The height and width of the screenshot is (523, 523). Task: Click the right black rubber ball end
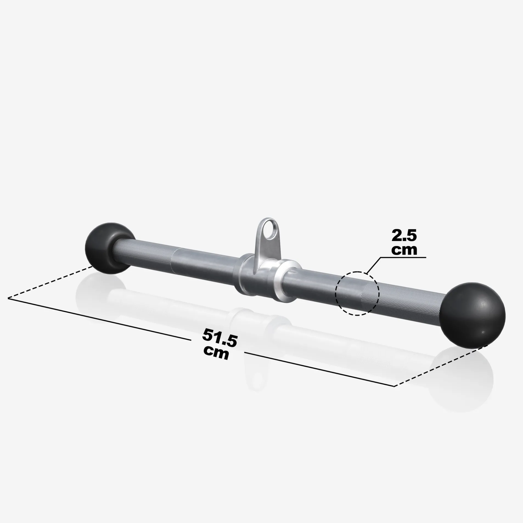tap(472, 315)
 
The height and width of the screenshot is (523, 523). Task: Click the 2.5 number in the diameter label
tap(404, 235)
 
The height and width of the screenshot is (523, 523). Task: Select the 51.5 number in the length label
tap(220, 338)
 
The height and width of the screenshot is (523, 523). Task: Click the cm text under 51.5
tap(216, 353)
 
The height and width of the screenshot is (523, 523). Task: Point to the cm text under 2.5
tap(404, 249)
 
